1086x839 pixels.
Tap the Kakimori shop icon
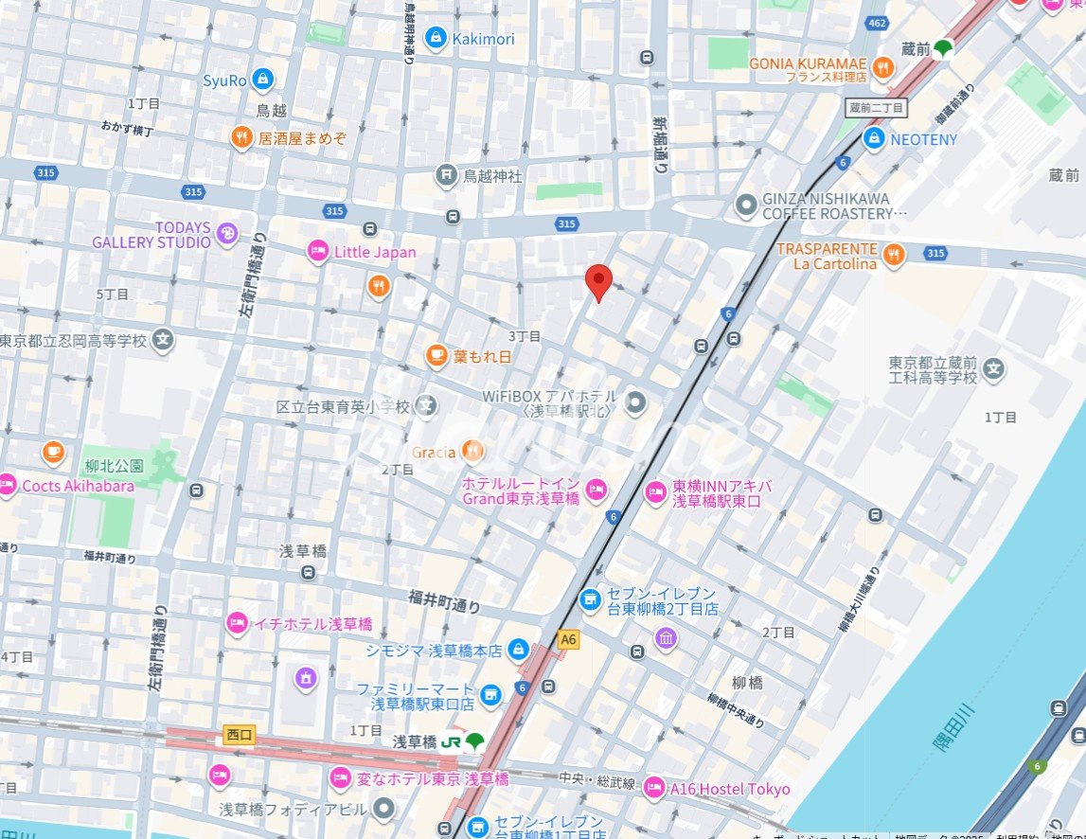click(x=436, y=38)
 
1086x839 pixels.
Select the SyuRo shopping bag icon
click(x=263, y=80)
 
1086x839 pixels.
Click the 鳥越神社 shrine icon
click(x=446, y=175)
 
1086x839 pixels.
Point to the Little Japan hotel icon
click(x=318, y=252)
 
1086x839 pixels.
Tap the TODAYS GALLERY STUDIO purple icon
click(x=226, y=234)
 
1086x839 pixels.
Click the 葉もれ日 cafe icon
click(x=436, y=356)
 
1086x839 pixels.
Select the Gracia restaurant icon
click(x=472, y=452)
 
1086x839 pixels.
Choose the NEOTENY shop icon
click(x=874, y=139)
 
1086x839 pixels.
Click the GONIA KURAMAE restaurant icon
click(x=883, y=66)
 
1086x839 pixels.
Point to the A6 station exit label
click(x=568, y=640)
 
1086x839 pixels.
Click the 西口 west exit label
click(x=240, y=734)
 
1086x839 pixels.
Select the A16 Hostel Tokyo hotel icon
click(x=653, y=788)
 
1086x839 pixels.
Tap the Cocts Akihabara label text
click(x=78, y=486)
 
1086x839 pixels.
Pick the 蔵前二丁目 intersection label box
click(x=877, y=108)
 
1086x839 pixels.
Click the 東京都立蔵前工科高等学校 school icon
click(x=993, y=368)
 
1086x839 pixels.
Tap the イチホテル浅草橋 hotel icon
click(x=236, y=623)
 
